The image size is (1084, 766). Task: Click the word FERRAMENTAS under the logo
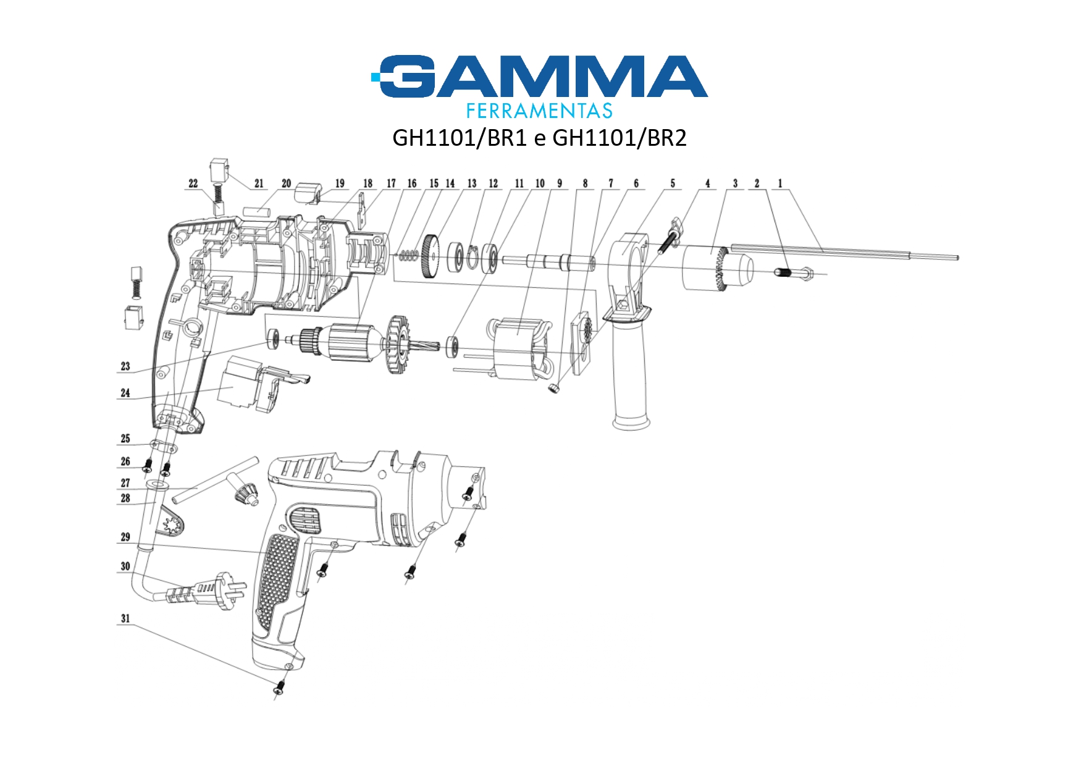[539, 111]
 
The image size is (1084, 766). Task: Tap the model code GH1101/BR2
[620, 138]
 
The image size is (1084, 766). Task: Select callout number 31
[125, 618]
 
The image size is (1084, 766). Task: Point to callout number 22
[193, 183]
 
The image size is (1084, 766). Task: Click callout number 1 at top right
[780, 183]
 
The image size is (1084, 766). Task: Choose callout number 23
[125, 366]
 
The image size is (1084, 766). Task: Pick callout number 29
[125, 537]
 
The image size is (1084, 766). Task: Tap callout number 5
[673, 183]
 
